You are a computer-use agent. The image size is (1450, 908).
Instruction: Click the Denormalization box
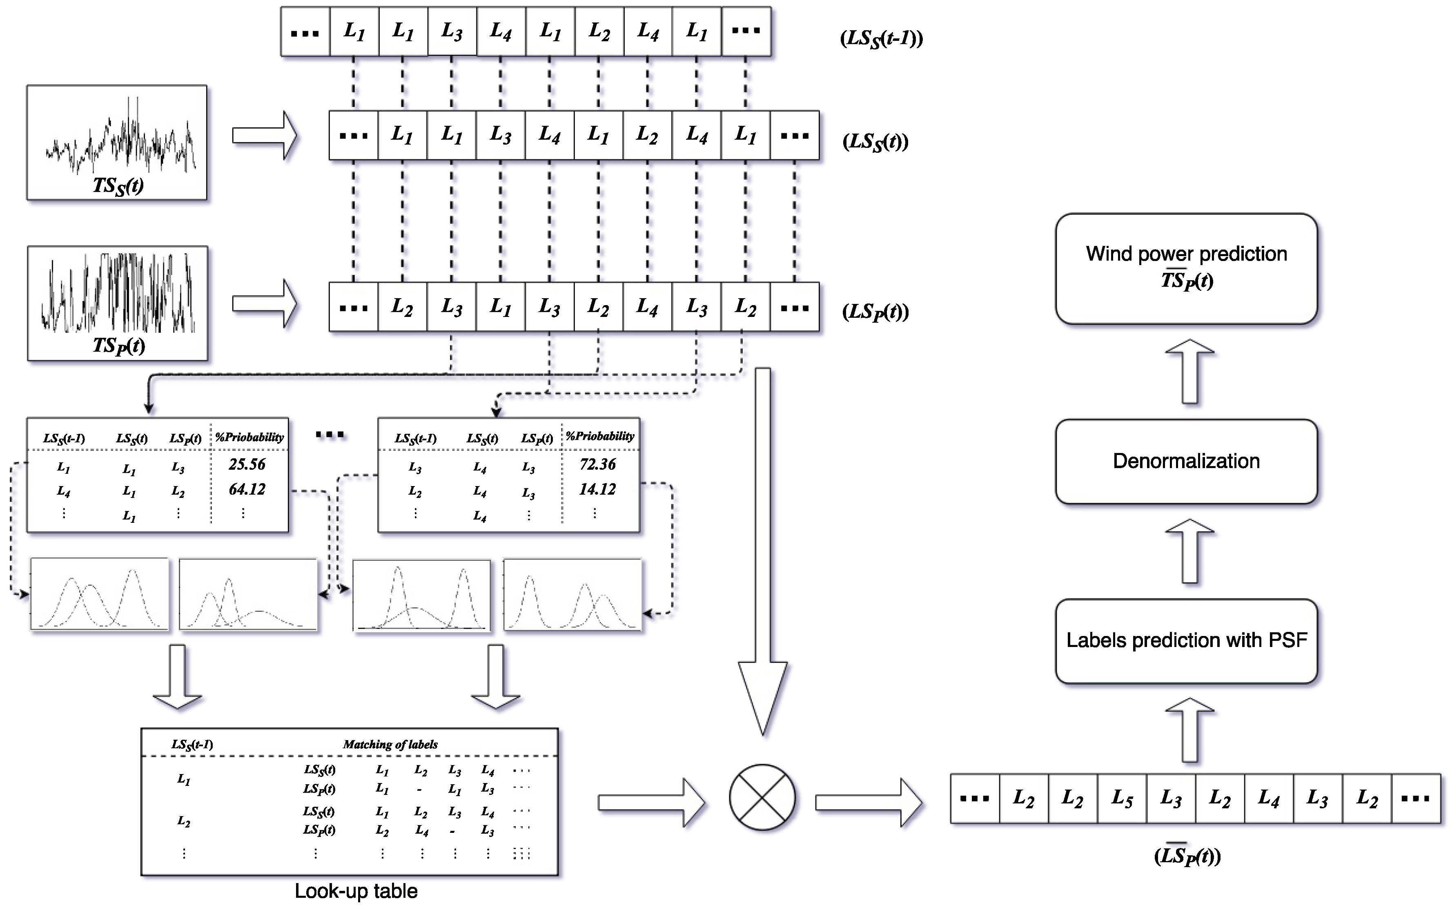pos(1185,461)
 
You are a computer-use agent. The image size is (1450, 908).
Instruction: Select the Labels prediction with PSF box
pos(1185,640)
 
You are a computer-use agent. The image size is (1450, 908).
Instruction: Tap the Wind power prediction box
pos(1185,268)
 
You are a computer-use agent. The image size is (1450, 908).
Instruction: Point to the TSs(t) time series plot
pos(117,142)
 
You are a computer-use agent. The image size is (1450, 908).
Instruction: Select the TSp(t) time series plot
pos(117,303)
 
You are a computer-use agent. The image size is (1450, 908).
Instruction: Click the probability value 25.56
pos(247,464)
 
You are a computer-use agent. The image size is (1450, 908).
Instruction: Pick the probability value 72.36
pos(597,464)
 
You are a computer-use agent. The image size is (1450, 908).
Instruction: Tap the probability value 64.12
pos(247,489)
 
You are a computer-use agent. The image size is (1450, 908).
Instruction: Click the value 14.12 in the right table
pos(597,489)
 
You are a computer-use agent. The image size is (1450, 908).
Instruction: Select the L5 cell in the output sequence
pos(1121,798)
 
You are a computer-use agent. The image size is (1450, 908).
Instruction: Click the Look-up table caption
pos(356,890)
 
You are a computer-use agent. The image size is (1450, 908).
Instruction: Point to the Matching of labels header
pos(390,745)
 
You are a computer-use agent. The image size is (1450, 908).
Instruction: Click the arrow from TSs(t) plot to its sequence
pos(264,136)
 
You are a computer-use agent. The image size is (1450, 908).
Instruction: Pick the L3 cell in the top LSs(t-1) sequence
pos(452,31)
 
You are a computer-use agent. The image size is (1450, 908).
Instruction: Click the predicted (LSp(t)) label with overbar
pos(1187,856)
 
